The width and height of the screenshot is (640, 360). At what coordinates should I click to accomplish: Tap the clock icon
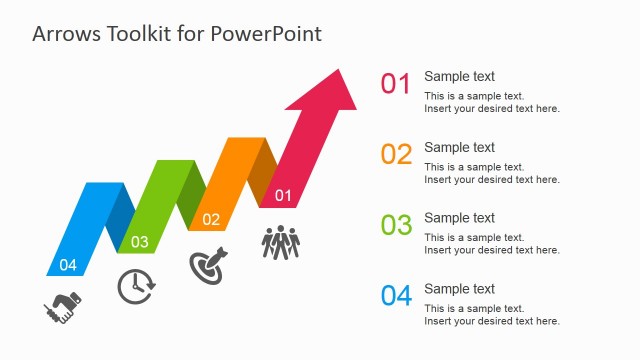pos(135,286)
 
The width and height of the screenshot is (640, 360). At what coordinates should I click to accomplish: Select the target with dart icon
pos(208,265)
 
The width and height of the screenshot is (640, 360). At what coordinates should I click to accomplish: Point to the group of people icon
pos(281,243)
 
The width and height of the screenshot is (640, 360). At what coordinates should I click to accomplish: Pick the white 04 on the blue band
pos(68,265)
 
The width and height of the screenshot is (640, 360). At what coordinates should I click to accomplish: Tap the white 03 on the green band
pos(139,242)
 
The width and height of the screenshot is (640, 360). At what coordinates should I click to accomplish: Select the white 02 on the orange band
pos(211,219)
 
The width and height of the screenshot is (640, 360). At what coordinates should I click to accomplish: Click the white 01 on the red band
pos(283,195)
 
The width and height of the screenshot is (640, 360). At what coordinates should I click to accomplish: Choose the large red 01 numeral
pos(396,84)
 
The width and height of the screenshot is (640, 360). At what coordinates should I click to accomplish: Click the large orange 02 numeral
pos(396,155)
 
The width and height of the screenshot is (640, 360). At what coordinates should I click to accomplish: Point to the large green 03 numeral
pos(396,226)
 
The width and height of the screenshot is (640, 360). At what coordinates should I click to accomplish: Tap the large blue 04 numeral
pos(396,297)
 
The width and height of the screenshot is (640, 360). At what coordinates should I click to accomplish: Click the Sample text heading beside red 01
pos(459,77)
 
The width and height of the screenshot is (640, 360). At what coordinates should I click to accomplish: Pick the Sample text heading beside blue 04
pos(459,290)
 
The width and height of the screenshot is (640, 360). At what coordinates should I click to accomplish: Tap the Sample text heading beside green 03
pos(459,219)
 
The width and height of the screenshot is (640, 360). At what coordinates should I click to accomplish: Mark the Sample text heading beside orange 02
pos(459,148)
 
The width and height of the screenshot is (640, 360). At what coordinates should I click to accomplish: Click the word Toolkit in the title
pos(140,33)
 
